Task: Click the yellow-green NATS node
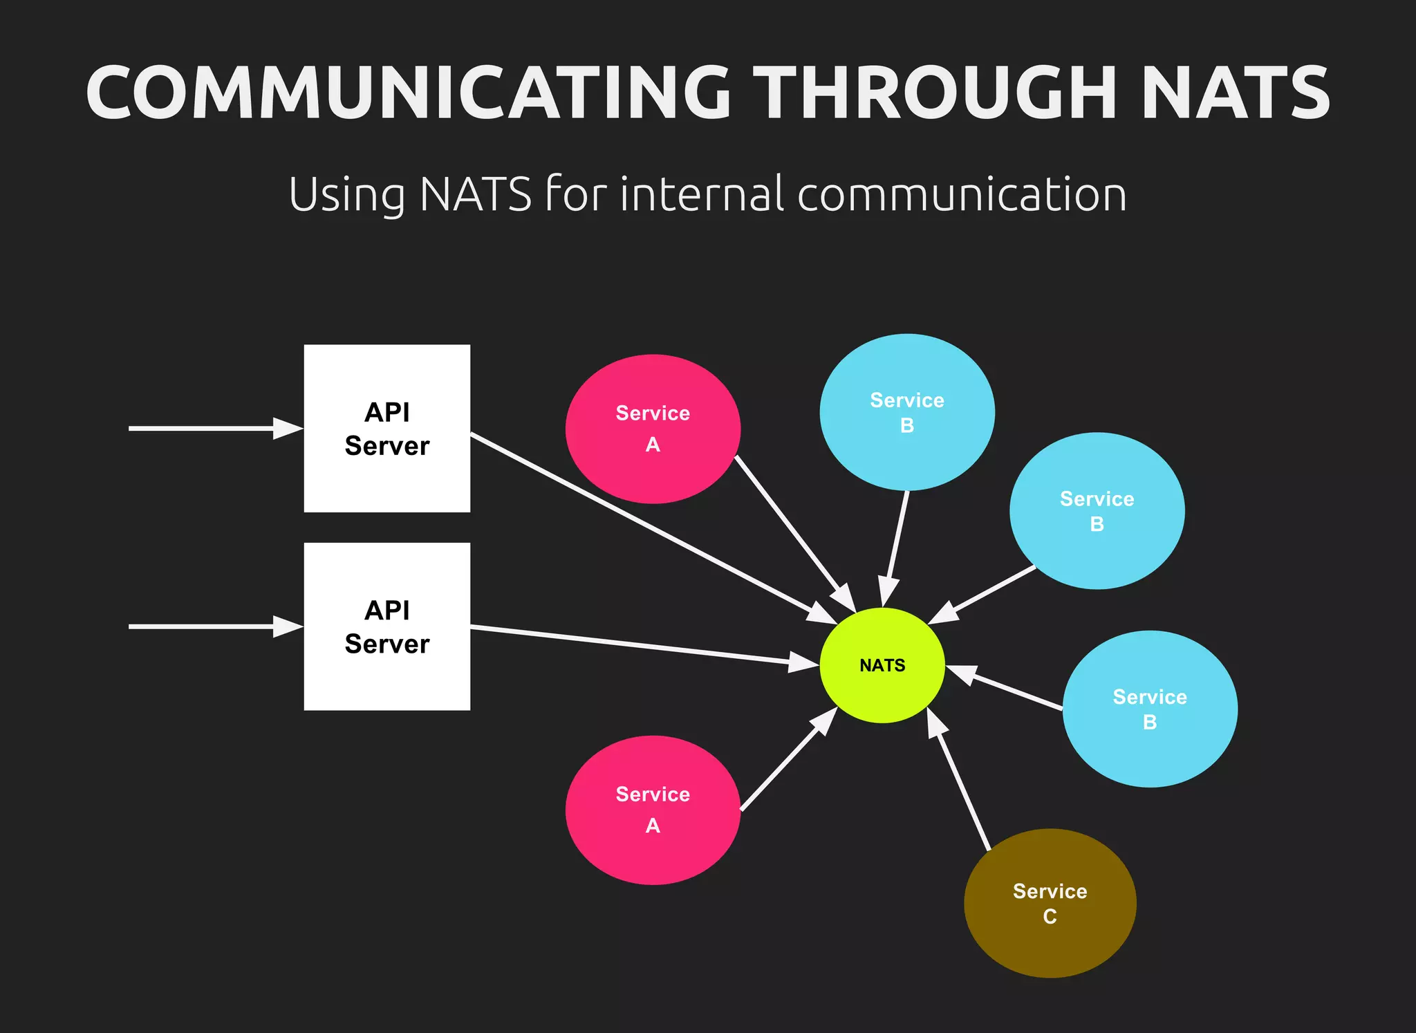pyautogui.click(x=882, y=665)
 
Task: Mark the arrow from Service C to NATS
pyautogui.click(x=961, y=781)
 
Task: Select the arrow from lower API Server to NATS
pyautogui.click(x=643, y=646)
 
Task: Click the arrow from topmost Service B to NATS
pyautogui.click(x=896, y=546)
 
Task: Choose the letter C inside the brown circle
pyautogui.click(x=1050, y=917)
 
